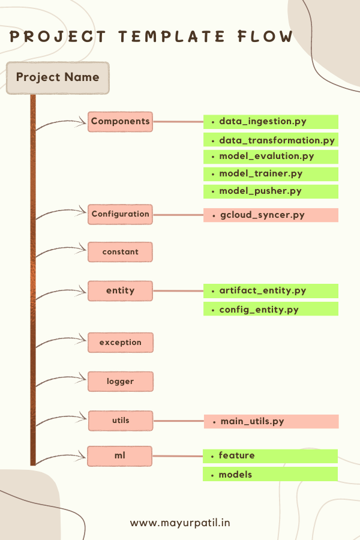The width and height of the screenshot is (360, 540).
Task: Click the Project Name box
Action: (x=58, y=78)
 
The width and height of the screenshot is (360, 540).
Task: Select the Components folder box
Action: (x=120, y=122)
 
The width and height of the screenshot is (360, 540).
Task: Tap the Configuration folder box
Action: (x=120, y=214)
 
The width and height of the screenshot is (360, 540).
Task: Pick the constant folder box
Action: (x=120, y=252)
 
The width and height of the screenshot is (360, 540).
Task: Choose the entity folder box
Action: (x=120, y=291)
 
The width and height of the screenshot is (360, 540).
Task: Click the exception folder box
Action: (x=120, y=343)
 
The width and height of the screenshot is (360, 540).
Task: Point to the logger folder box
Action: (x=120, y=382)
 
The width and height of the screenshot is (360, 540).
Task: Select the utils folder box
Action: (x=120, y=421)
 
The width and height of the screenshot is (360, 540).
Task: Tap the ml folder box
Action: (x=119, y=456)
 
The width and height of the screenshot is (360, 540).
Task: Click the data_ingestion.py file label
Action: (x=271, y=122)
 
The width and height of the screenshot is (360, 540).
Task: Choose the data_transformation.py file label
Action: (x=271, y=140)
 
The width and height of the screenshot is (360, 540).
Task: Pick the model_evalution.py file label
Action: (x=271, y=157)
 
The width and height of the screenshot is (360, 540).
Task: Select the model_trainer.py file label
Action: (x=271, y=174)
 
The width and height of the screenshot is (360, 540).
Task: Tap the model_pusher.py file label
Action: (x=271, y=191)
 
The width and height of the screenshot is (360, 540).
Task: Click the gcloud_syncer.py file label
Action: (x=271, y=215)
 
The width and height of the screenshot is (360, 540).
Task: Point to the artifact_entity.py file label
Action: (x=271, y=291)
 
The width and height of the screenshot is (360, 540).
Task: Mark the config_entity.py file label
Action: (x=271, y=310)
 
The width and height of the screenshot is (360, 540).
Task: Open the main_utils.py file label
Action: (x=271, y=422)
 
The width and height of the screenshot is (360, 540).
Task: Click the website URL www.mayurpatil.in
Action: (x=180, y=523)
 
